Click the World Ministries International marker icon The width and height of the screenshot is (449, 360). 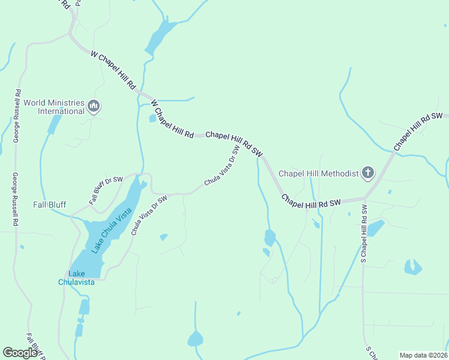pos(93,107)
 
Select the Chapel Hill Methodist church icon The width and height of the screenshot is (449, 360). pos(368,173)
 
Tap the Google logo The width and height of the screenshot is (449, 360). pos(20,353)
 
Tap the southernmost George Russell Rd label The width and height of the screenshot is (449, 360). pos(15,200)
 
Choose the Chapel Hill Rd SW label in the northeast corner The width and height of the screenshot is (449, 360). pos(418,131)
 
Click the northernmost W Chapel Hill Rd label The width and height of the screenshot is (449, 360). pos(113,71)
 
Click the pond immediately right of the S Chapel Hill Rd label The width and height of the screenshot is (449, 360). pos(375,228)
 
